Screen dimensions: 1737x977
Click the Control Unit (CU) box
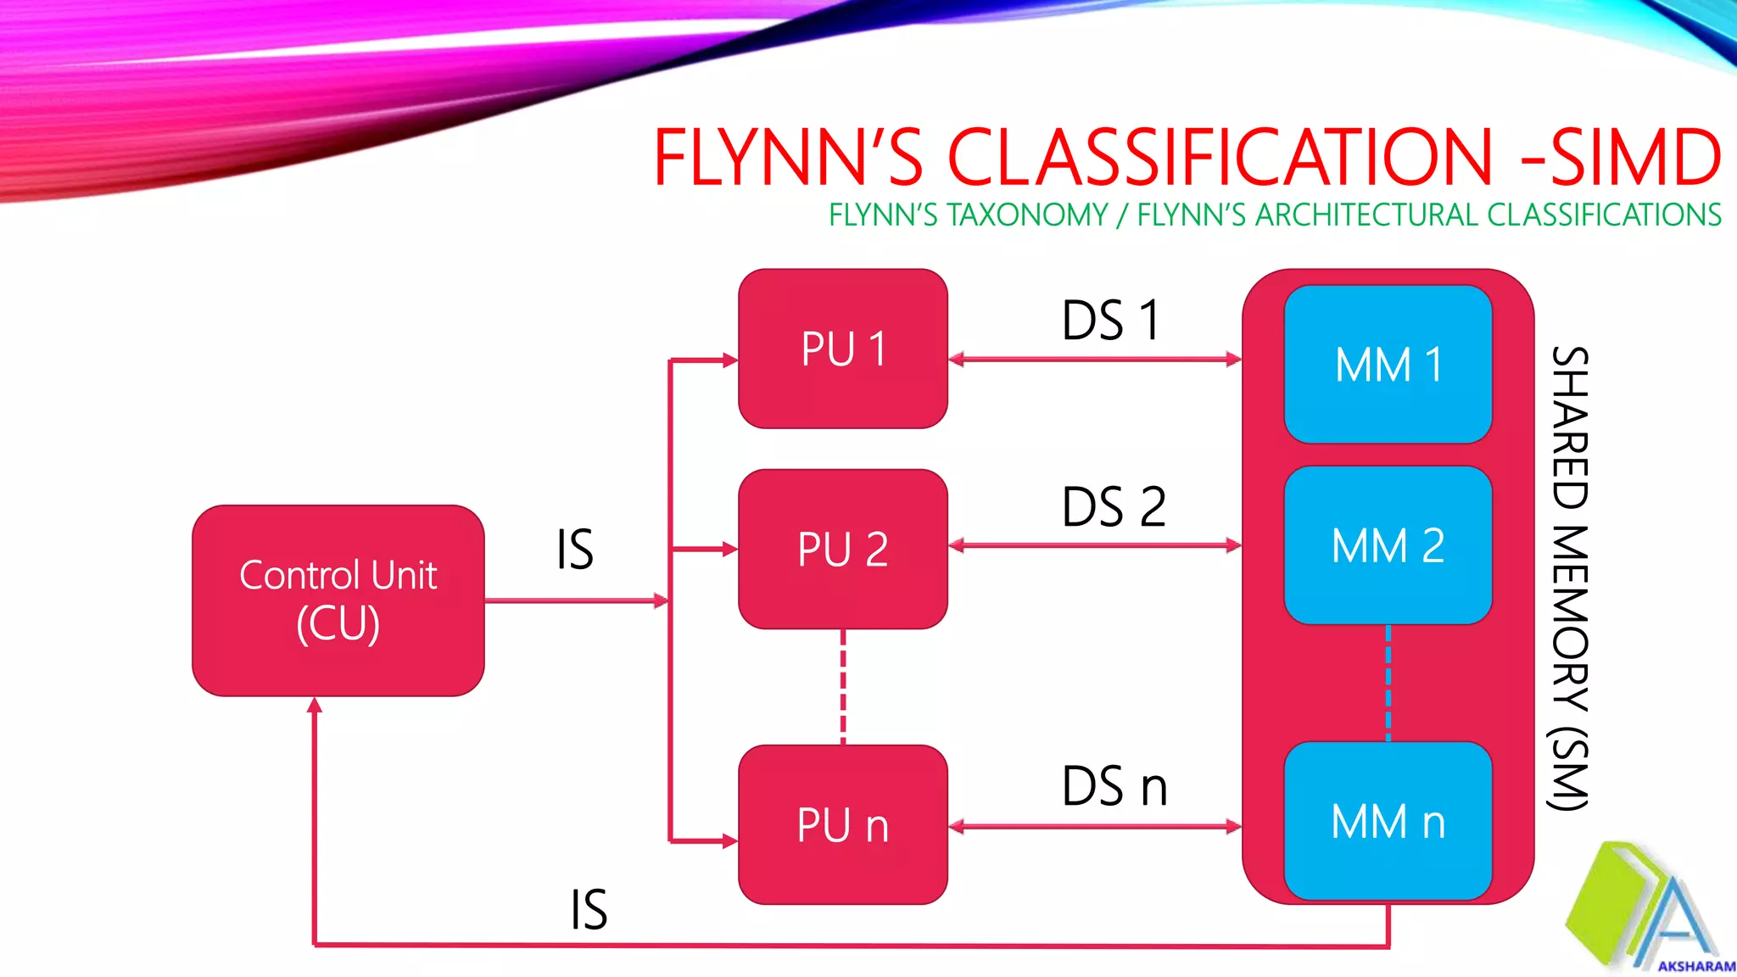click(338, 600)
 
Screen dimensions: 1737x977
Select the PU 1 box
click(843, 349)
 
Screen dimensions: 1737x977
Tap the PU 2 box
click(843, 549)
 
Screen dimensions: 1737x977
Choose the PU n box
click(843, 824)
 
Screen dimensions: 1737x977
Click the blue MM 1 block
click(1388, 365)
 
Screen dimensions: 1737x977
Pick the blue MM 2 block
click(1388, 545)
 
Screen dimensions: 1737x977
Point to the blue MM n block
click(1388, 821)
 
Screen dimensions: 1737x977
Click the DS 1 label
click(1110, 320)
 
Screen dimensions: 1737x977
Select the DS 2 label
click(1114, 506)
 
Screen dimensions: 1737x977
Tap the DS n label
click(1114, 785)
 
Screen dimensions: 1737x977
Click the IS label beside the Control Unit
click(575, 549)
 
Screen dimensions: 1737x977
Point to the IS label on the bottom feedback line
click(589, 909)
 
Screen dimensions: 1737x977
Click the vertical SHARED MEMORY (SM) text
click(1569, 578)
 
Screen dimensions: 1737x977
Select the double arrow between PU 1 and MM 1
click(1095, 360)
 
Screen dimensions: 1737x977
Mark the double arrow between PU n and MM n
click(1095, 827)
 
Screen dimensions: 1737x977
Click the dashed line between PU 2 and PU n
click(843, 687)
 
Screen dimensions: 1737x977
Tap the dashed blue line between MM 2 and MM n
click(1388, 684)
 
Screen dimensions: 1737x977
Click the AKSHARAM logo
click(1650, 906)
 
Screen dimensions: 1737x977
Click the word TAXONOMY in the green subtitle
click(1027, 215)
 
